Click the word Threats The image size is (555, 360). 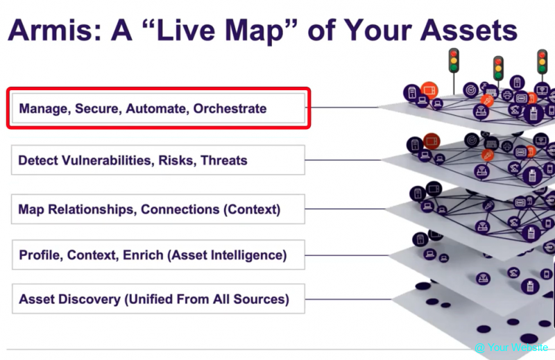point(224,160)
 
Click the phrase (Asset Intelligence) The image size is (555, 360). point(227,255)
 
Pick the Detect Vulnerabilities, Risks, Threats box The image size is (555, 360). point(157,160)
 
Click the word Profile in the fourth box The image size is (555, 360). point(40,255)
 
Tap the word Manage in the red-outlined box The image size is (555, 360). point(41,109)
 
